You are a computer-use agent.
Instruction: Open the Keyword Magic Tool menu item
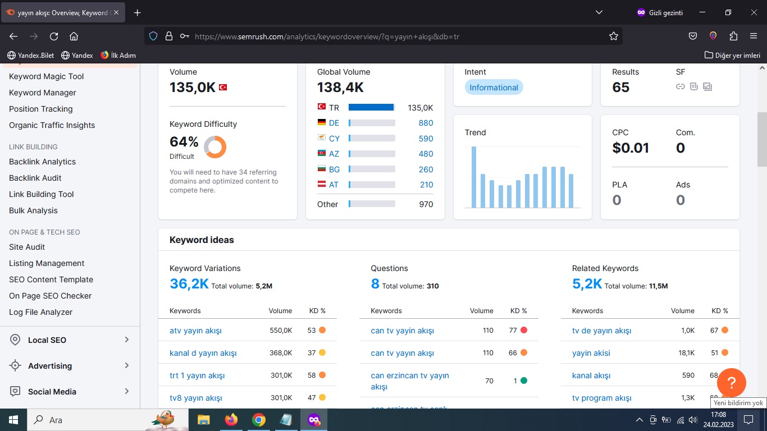(x=46, y=76)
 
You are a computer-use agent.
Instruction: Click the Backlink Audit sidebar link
(x=35, y=178)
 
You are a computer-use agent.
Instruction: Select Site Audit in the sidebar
(x=27, y=247)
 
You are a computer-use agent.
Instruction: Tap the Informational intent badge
(x=494, y=88)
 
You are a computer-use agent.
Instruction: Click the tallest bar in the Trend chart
(x=474, y=177)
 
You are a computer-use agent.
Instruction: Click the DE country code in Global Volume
(x=334, y=123)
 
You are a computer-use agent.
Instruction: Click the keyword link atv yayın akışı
(x=195, y=331)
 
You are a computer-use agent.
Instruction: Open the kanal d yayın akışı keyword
(x=203, y=353)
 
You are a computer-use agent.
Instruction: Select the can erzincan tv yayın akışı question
(x=410, y=380)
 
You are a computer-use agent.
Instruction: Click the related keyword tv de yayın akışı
(x=601, y=331)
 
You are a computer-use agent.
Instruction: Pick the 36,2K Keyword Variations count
(x=189, y=284)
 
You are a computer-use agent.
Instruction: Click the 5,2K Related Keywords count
(x=587, y=284)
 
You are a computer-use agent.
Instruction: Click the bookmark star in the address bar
(x=614, y=36)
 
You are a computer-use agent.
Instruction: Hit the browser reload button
(x=54, y=36)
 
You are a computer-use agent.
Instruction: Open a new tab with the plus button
(x=138, y=13)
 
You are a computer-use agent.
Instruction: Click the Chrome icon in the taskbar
(x=258, y=420)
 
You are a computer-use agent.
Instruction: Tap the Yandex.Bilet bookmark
(x=31, y=56)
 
